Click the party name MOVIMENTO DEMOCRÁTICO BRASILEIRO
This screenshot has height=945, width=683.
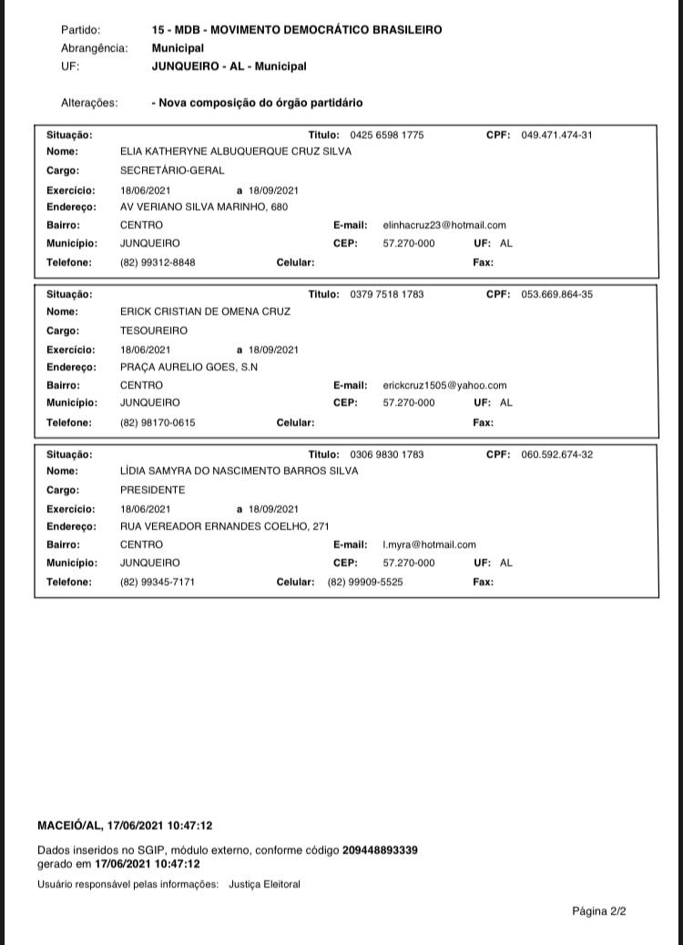[x=326, y=30]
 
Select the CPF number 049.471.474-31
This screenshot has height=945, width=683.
[x=556, y=136]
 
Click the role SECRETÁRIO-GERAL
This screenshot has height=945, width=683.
[x=172, y=170]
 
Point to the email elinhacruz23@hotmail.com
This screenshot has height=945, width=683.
[x=444, y=225]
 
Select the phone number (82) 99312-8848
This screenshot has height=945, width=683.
[x=158, y=262]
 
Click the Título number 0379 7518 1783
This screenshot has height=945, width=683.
[x=386, y=295]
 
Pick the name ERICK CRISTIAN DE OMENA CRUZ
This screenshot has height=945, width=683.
[x=205, y=311]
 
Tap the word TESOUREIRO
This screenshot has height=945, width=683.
[x=154, y=331]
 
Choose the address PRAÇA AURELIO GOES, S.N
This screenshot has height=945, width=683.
[x=189, y=367]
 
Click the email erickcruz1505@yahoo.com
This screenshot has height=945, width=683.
[x=444, y=385]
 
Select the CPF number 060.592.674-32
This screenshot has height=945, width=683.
[x=556, y=454]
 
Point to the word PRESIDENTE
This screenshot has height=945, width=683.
[x=152, y=490]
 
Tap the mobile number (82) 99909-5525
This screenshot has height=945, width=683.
[x=365, y=582]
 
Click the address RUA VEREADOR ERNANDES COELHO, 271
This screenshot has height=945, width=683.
[x=224, y=526]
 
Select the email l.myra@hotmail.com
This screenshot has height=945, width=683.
[x=429, y=544]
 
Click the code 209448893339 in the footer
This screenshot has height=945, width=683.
[x=380, y=850]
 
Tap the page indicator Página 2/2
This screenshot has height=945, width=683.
[x=599, y=910]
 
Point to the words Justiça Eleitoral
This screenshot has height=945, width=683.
[x=264, y=884]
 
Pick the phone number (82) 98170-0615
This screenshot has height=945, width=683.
[x=158, y=422]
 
